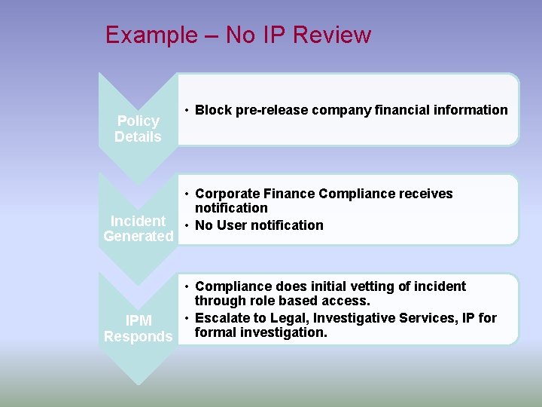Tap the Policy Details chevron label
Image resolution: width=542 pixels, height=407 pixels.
138,129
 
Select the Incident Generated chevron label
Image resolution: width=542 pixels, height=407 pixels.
138,228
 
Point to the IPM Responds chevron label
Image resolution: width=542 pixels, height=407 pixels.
138,329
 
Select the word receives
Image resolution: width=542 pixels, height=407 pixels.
426,194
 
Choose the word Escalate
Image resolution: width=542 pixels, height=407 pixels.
224,318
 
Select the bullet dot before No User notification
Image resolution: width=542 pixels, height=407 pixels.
185,225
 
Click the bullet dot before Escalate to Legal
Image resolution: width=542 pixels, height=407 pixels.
185,318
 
